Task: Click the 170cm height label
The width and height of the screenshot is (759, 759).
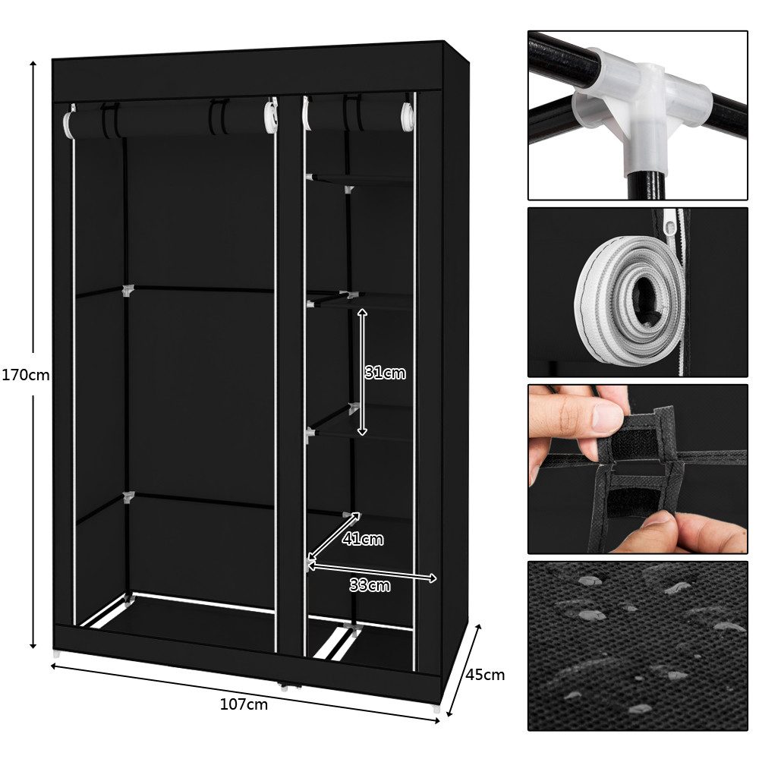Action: (25, 375)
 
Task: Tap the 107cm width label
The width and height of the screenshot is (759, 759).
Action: (244, 704)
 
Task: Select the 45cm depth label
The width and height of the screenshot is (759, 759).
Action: (485, 674)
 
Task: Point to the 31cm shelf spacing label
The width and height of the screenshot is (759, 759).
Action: (385, 373)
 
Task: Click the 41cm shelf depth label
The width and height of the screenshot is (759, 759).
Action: (362, 540)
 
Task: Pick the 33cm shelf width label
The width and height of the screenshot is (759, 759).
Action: (370, 585)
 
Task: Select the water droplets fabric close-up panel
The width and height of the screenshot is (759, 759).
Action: (637, 646)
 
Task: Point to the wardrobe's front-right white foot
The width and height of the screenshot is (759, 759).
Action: (434, 707)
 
